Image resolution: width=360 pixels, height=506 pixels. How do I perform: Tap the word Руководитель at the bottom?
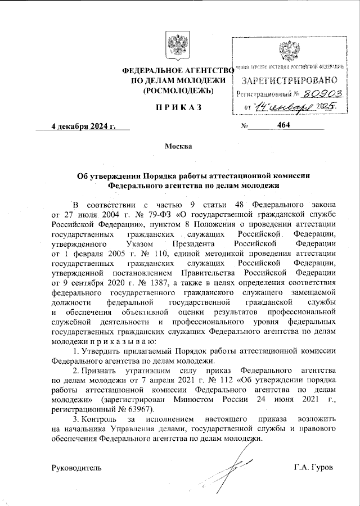[x=77, y=468]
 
